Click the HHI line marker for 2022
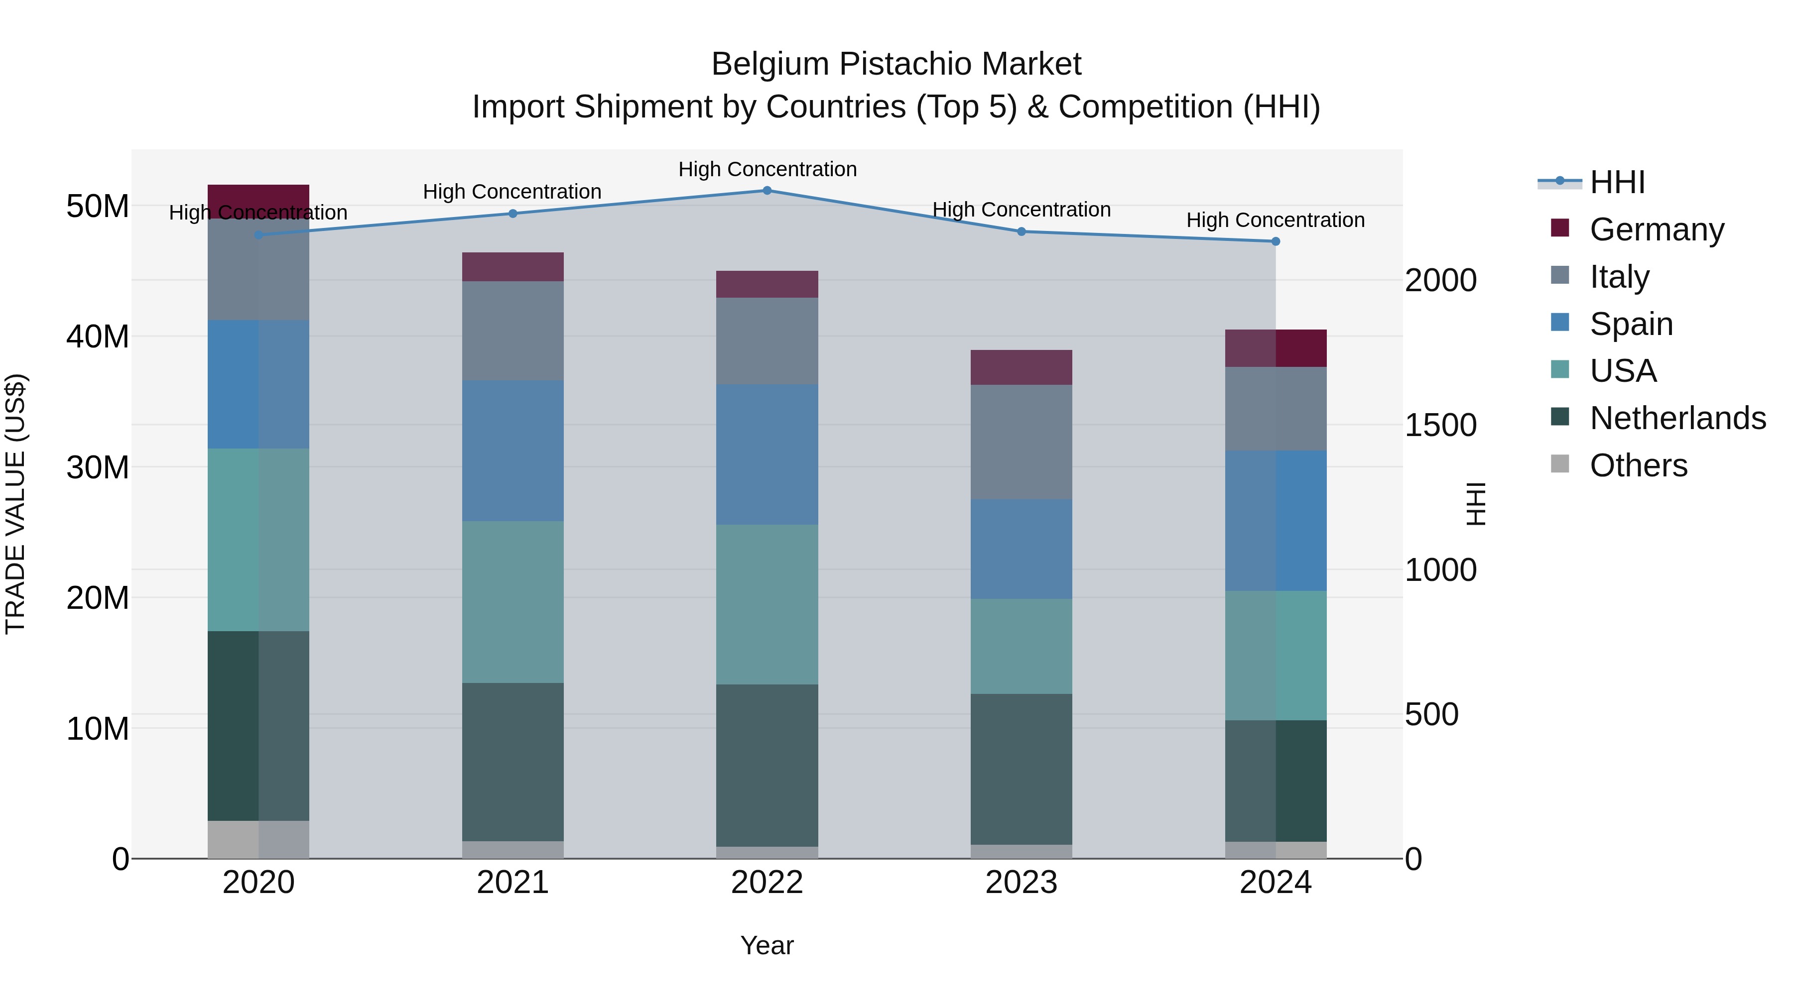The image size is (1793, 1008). click(767, 190)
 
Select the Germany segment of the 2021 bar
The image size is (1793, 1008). click(513, 266)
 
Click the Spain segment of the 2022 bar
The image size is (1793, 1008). click(767, 454)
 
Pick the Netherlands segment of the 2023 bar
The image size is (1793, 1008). click(1021, 769)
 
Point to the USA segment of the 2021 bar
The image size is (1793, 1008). click(513, 602)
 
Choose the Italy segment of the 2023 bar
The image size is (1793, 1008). click(1021, 442)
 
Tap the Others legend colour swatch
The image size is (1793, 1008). click(1560, 464)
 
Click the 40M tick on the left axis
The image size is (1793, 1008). click(98, 336)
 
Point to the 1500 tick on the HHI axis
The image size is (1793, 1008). click(1440, 425)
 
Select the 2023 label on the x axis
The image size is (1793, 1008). click(1021, 883)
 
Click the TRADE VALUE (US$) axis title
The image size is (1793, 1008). click(15, 504)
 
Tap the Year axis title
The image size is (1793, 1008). click(767, 945)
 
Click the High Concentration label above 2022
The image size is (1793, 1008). click(767, 169)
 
